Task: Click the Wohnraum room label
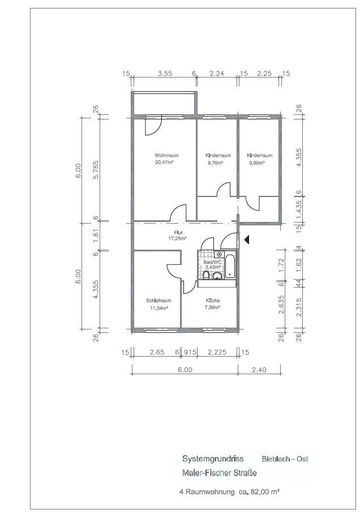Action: tap(166, 155)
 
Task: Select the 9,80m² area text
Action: tap(257, 162)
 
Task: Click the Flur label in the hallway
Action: tap(178, 233)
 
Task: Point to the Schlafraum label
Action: tap(158, 301)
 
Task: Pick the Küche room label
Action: tap(213, 301)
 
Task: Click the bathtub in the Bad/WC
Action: tap(230, 266)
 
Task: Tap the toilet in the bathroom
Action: tap(206, 275)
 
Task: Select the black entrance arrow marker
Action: tap(246, 239)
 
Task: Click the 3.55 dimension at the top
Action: tap(165, 74)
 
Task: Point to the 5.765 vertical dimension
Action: tap(96, 169)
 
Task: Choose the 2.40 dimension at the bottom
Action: tap(259, 370)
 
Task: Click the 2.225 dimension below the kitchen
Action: tap(217, 352)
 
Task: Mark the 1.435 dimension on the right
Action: tap(298, 209)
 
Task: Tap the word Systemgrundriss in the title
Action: tap(213, 459)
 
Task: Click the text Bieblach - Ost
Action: tap(285, 459)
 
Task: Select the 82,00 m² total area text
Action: tap(265, 491)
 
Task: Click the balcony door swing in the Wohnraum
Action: tap(153, 127)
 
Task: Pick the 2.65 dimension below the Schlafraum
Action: tap(157, 352)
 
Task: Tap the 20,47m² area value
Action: tap(164, 162)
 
